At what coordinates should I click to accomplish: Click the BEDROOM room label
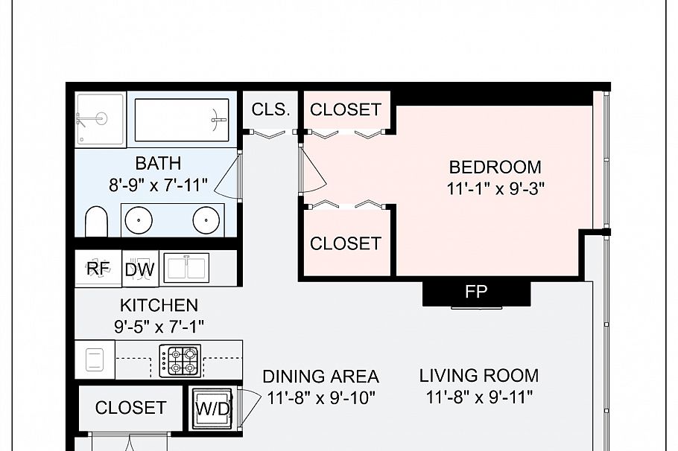coord(495,167)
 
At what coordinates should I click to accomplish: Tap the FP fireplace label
coord(476,292)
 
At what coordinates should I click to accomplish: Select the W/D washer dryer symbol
coord(212,409)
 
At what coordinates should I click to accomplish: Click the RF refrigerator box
coord(98,269)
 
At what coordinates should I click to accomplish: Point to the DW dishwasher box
coord(139,269)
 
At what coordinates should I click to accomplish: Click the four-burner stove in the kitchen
coord(181,361)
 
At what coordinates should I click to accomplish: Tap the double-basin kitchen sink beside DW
coord(187,267)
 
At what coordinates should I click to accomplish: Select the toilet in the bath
coord(96,222)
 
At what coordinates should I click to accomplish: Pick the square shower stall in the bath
coord(101,119)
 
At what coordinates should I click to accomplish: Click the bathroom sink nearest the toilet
coord(138,220)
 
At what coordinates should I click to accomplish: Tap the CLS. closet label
coord(270,109)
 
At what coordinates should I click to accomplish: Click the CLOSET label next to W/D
coord(130,408)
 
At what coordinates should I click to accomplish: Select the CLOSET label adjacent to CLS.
coord(345,109)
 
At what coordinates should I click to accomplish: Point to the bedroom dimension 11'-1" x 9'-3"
coord(495,188)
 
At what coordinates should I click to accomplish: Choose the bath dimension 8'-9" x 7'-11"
coord(158,185)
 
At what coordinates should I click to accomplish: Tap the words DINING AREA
coord(320,377)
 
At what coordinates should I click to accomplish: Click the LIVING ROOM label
coord(478,376)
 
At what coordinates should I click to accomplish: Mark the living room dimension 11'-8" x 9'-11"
coord(478,397)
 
